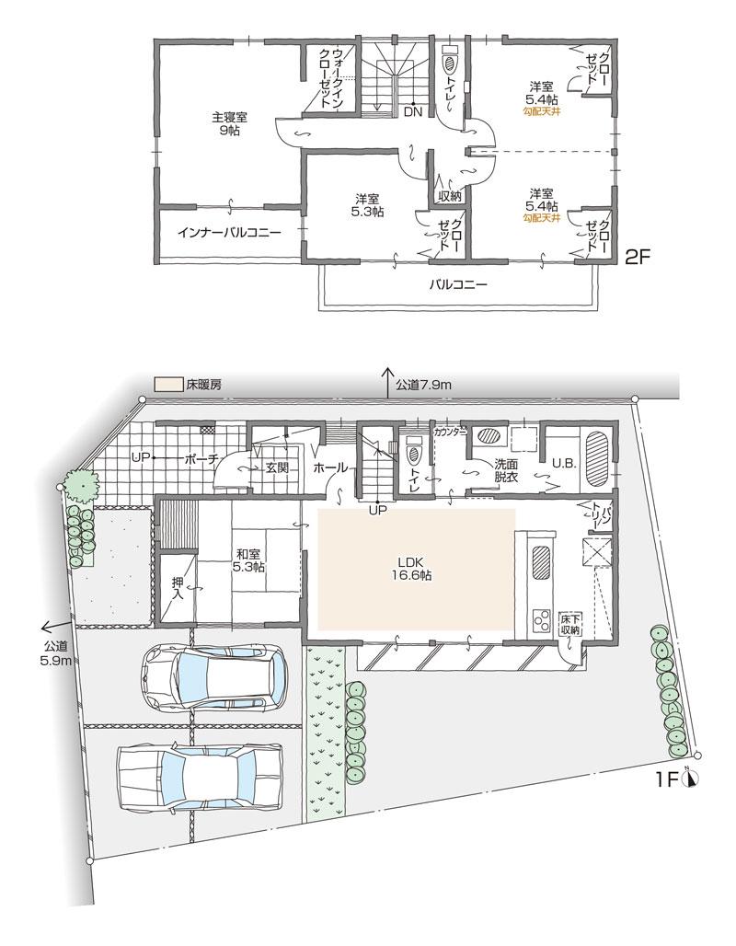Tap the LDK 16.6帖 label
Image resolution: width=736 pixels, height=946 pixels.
click(x=409, y=567)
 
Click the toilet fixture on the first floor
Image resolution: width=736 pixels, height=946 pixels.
click(x=413, y=454)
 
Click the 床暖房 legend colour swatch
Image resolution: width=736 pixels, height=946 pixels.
click(x=167, y=383)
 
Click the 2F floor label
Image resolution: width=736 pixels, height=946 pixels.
click(x=638, y=259)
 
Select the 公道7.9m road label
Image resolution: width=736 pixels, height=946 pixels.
click(x=423, y=384)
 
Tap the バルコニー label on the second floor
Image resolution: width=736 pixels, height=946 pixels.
click(x=457, y=284)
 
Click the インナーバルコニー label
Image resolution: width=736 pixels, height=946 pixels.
click(x=230, y=232)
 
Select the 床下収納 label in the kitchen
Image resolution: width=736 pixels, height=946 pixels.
click(x=569, y=625)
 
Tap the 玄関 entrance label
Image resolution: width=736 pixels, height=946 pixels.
click(x=277, y=467)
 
